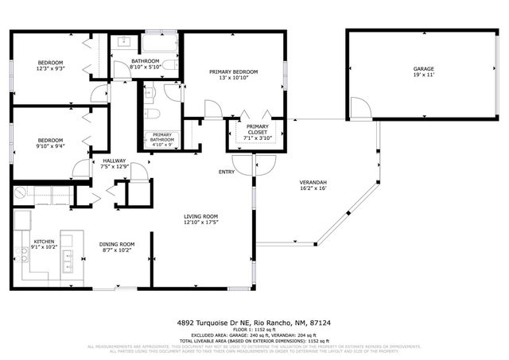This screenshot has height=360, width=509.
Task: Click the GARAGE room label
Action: [423, 70]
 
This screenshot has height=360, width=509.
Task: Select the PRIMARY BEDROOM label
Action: [234, 72]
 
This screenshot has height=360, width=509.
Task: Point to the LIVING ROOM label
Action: [201, 216]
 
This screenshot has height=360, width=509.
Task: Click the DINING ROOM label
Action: [116, 244]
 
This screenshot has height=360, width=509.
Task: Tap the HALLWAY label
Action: [115, 161]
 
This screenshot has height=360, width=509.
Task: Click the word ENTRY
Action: [227, 172]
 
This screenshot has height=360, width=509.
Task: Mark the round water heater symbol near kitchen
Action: [20, 193]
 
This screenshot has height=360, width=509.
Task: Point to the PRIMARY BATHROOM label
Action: [162, 138]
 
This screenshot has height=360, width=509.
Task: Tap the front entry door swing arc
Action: [264, 163]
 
